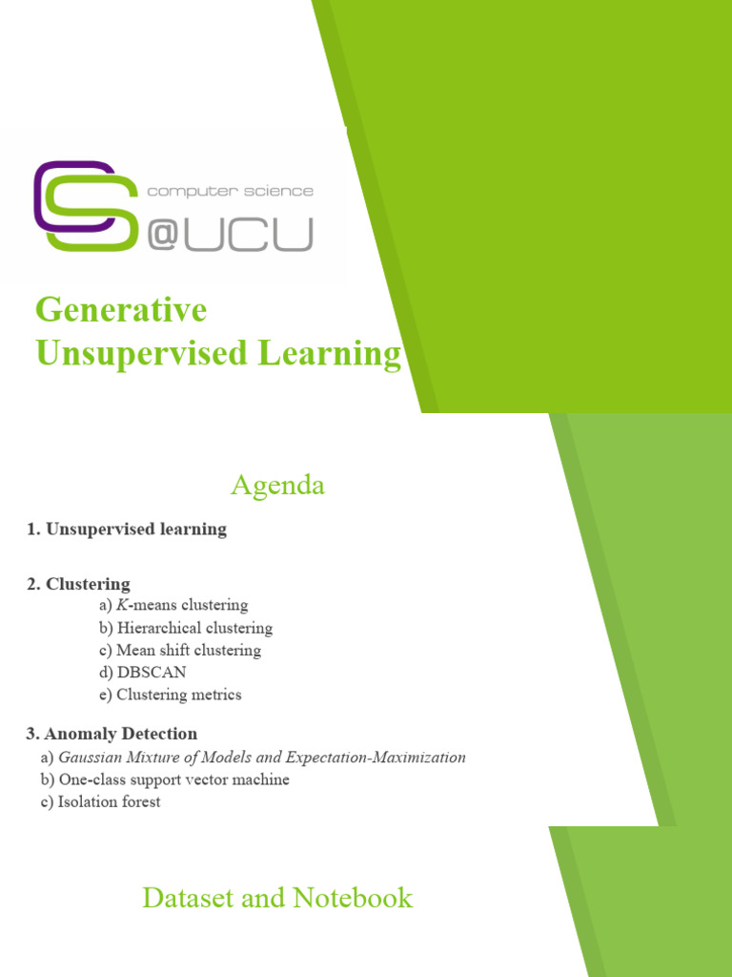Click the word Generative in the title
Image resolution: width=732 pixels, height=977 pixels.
[x=121, y=310]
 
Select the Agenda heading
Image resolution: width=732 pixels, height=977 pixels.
[x=277, y=486]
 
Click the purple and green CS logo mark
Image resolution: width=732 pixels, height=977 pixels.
[x=84, y=206]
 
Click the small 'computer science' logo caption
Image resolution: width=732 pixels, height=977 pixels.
[x=230, y=191]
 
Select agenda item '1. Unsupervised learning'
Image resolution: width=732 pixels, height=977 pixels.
[x=127, y=529]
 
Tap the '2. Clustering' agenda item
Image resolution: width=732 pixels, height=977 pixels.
[x=78, y=584]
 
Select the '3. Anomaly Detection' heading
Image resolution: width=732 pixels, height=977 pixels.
[x=112, y=734]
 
